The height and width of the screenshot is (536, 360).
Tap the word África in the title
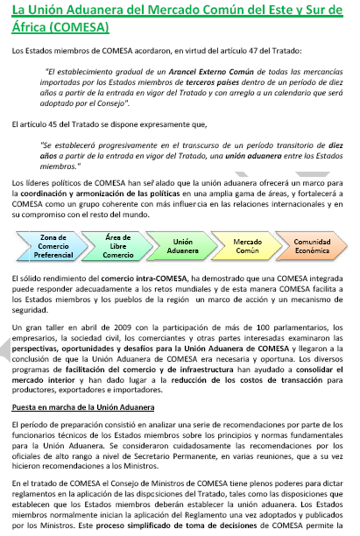tap(25, 26)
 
